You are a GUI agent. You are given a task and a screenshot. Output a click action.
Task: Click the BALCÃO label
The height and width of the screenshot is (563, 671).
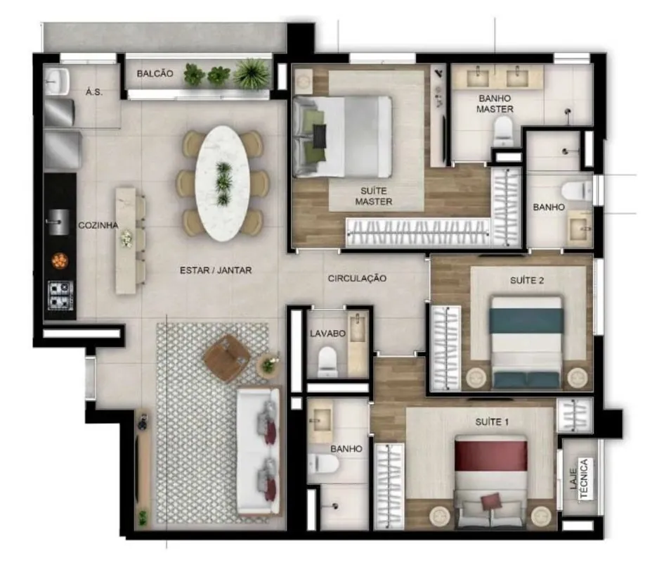(x=155, y=74)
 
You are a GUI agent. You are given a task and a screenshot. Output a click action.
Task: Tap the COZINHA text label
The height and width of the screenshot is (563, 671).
(x=98, y=225)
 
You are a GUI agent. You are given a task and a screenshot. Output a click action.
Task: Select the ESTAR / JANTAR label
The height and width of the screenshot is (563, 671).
(x=216, y=270)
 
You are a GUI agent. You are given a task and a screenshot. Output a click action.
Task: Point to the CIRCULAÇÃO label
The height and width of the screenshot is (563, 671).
(x=358, y=279)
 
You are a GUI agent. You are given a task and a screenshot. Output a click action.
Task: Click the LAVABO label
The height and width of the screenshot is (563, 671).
(x=328, y=334)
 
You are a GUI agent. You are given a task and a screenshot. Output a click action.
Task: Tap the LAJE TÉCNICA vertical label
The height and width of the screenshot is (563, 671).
(x=580, y=479)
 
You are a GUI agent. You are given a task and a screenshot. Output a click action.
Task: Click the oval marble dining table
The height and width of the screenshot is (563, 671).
(x=223, y=184)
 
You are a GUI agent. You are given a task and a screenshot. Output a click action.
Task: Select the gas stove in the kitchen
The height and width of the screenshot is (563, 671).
(x=60, y=295)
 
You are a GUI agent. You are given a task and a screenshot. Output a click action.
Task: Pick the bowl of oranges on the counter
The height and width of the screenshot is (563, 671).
(x=60, y=260)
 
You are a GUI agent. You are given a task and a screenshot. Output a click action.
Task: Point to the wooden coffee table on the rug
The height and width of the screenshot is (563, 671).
(x=227, y=358)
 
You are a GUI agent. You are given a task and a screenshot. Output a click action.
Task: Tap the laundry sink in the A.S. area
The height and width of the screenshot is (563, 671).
(x=57, y=82)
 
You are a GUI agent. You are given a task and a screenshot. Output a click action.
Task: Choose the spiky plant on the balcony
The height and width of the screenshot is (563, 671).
(x=252, y=74)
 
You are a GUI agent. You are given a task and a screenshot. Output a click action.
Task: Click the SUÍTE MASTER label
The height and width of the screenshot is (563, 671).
(x=374, y=196)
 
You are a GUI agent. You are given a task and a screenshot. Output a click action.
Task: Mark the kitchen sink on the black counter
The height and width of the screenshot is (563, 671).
(x=58, y=222)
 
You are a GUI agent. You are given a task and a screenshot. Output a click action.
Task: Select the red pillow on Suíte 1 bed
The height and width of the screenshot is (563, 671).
(x=491, y=501)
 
